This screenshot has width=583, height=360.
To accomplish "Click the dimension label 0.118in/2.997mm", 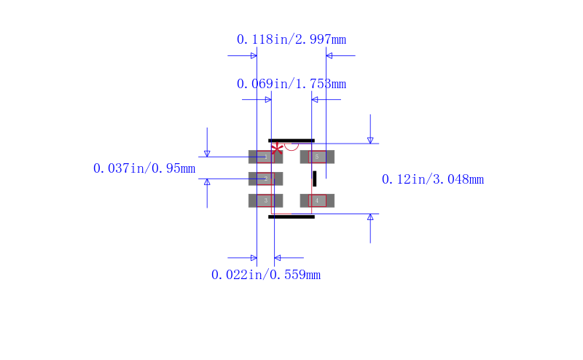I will pyautogui.click(x=291, y=39).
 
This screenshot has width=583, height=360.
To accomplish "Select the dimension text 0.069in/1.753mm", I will pyautogui.click(x=291, y=84).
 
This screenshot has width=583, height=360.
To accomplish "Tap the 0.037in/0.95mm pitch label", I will pyautogui.click(x=144, y=168).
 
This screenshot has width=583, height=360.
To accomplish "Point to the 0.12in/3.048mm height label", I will pyautogui.click(x=433, y=179).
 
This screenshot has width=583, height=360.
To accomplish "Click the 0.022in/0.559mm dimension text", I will pyautogui.click(x=266, y=275).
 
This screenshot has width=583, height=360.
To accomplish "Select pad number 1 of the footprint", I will pyautogui.click(x=265, y=157).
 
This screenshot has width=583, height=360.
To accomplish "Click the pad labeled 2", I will pyautogui.click(x=265, y=179).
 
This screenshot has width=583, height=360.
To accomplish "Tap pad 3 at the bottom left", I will pyautogui.click(x=265, y=200).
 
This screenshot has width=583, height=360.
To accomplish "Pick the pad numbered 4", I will pyautogui.click(x=317, y=200).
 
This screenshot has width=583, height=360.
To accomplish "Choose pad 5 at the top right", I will pyautogui.click(x=317, y=157).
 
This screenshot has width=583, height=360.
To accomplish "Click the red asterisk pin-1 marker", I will pyautogui.click(x=277, y=149).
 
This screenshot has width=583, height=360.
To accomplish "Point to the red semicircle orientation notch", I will pyautogui.click(x=291, y=146).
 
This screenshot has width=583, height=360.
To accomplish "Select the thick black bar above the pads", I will pyautogui.click(x=291, y=140).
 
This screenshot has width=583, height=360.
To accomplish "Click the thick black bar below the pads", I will pyautogui.click(x=291, y=216).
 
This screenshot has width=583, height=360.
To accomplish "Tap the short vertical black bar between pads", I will pyautogui.click(x=315, y=179).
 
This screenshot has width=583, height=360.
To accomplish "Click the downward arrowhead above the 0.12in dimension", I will pyautogui.click(x=370, y=140).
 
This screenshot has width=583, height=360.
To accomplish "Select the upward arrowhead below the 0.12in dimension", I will pyautogui.click(x=370, y=217).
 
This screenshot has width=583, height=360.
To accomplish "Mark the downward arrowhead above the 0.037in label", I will pyautogui.click(x=207, y=153).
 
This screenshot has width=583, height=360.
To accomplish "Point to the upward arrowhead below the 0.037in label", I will pyautogui.click(x=207, y=182).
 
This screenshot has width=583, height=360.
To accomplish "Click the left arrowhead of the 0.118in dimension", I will pyautogui.click(x=254, y=55).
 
